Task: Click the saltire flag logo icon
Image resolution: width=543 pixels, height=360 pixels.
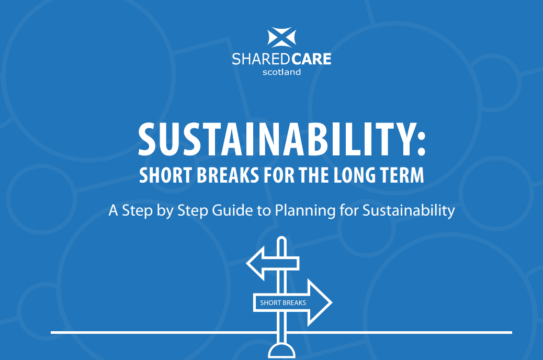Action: tap(281, 37)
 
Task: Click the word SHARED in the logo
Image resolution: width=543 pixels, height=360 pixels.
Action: tap(261, 59)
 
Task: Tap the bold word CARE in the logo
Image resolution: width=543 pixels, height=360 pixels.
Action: tap(311, 59)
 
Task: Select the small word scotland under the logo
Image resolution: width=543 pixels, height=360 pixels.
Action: tap(281, 72)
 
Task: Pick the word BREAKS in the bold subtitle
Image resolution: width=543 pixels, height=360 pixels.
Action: tap(228, 175)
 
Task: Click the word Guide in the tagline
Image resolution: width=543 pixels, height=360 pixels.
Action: tap(232, 210)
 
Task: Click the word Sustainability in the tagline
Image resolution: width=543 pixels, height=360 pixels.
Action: tap(409, 211)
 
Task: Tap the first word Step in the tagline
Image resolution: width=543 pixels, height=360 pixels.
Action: tap(137, 211)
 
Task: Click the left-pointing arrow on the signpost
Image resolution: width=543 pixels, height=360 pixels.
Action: tap(273, 263)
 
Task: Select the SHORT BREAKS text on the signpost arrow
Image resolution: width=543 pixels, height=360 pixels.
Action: tap(283, 303)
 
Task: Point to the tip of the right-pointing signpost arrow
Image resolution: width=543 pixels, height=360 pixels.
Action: tap(332, 302)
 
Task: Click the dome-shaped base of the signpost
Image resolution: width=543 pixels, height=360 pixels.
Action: tap(281, 351)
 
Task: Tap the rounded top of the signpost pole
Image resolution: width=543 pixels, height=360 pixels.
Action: tap(282, 239)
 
